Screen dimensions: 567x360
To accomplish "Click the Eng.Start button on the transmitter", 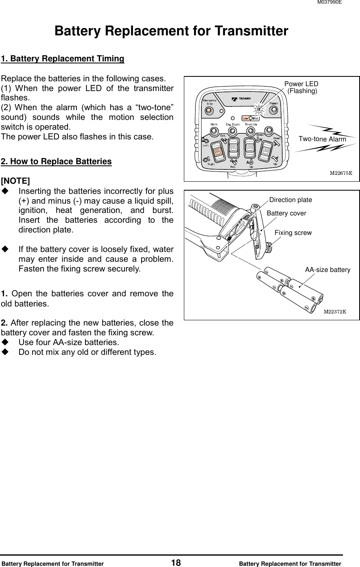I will click(x=232, y=131).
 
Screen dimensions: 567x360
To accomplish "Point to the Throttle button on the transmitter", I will click(x=250, y=131).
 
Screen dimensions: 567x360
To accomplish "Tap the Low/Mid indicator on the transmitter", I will click(x=251, y=118).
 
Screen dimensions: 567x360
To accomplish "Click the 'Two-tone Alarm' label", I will click(x=322, y=139).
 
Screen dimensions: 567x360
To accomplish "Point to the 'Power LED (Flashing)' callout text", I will click(x=302, y=88).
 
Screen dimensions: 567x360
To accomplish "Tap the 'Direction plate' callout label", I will click(x=290, y=200).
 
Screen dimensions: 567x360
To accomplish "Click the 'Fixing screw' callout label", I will click(x=293, y=233).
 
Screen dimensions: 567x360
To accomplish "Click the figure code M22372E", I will click(x=334, y=312).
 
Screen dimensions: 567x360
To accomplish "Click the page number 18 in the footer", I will click(x=176, y=563).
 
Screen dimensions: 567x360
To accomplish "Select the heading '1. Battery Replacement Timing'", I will click(x=63, y=59).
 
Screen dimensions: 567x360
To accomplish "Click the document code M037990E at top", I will click(x=329, y=2).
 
